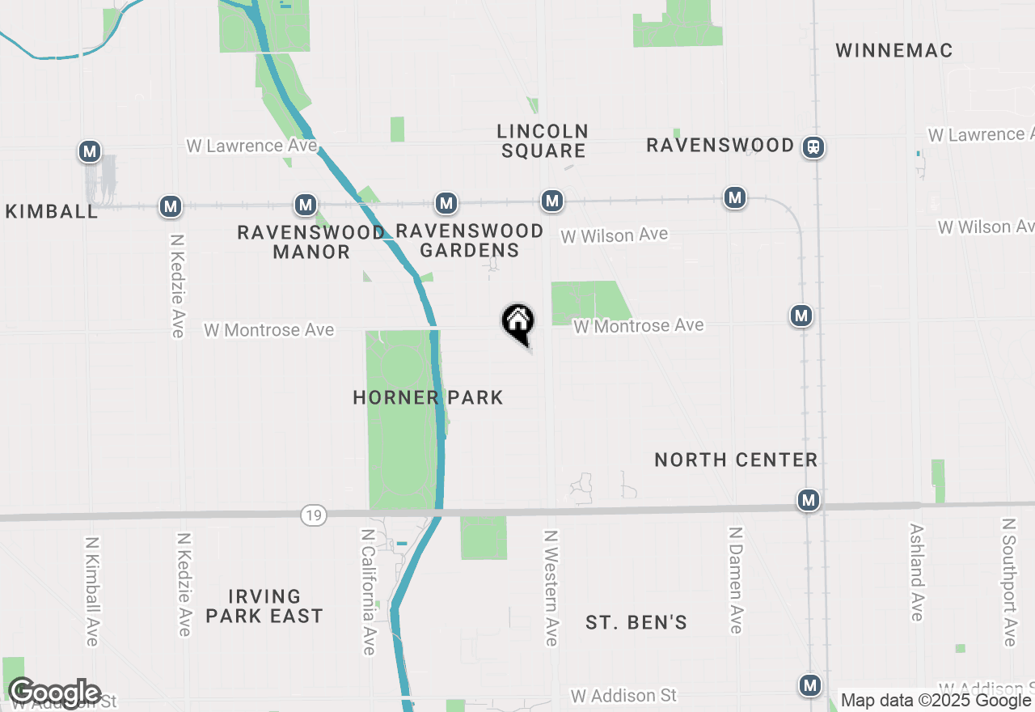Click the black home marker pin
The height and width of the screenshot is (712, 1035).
pyautogui.click(x=517, y=322)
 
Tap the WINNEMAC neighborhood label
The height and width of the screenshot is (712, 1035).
pyautogui.click(x=893, y=50)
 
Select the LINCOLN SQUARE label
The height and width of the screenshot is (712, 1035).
pyautogui.click(x=543, y=141)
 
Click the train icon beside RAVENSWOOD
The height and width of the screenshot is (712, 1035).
pyautogui.click(x=813, y=147)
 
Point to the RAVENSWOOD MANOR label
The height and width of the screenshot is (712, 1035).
pyautogui.click(x=311, y=242)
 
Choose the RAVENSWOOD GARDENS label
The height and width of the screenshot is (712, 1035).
pyautogui.click(x=470, y=240)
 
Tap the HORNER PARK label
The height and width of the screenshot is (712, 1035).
pyautogui.click(x=429, y=397)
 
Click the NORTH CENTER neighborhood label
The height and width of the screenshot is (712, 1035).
pyautogui.click(x=736, y=460)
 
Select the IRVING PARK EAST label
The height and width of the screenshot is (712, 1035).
pyautogui.click(x=264, y=607)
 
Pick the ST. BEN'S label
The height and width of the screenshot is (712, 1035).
pyautogui.click(x=636, y=622)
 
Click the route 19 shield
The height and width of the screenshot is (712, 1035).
pyautogui.click(x=314, y=515)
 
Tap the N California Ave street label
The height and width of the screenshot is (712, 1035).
pyautogui.click(x=369, y=591)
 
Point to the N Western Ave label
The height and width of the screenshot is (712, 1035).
pyautogui.click(x=551, y=588)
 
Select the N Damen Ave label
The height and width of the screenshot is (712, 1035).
pyautogui.click(x=735, y=580)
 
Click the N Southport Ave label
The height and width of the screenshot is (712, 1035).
pyautogui.click(x=1008, y=583)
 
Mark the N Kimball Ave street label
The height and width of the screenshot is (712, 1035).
pyautogui.click(x=91, y=591)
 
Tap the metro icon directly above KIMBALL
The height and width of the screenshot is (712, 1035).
pyautogui.click(x=90, y=151)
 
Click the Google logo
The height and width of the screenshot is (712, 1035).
pyautogui.click(x=55, y=693)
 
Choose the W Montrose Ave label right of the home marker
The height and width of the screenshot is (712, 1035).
pyautogui.click(x=639, y=325)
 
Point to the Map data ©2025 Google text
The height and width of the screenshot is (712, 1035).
pyautogui.click(x=936, y=701)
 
